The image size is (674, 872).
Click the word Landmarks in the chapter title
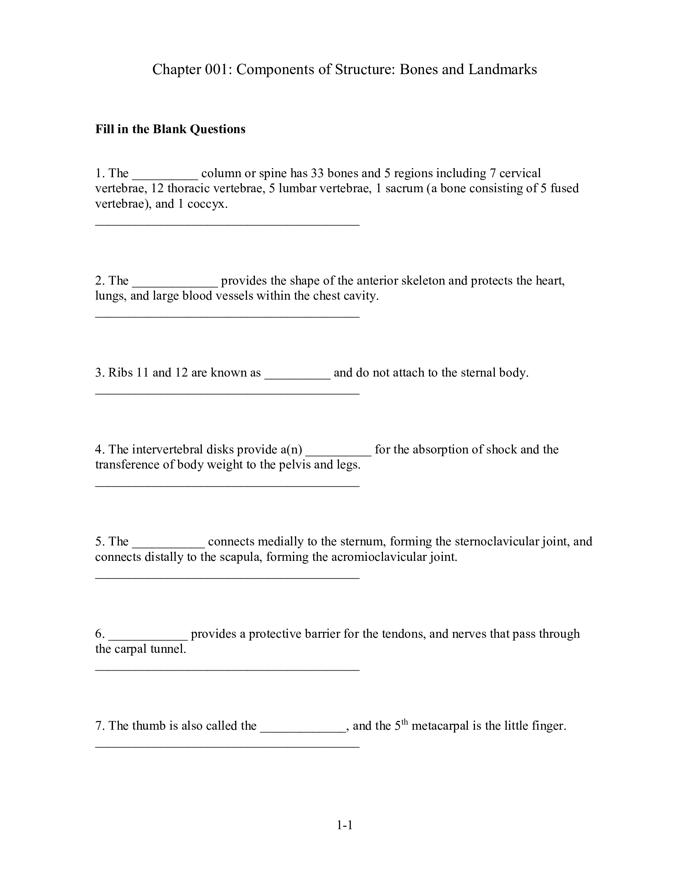(502, 69)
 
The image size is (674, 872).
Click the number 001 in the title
(216, 69)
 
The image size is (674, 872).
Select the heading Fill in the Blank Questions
(170, 129)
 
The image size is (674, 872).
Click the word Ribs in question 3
(121, 373)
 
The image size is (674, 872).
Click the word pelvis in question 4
(298, 465)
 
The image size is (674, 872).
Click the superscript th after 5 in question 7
(404, 721)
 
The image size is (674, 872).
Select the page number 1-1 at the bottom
(345, 825)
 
